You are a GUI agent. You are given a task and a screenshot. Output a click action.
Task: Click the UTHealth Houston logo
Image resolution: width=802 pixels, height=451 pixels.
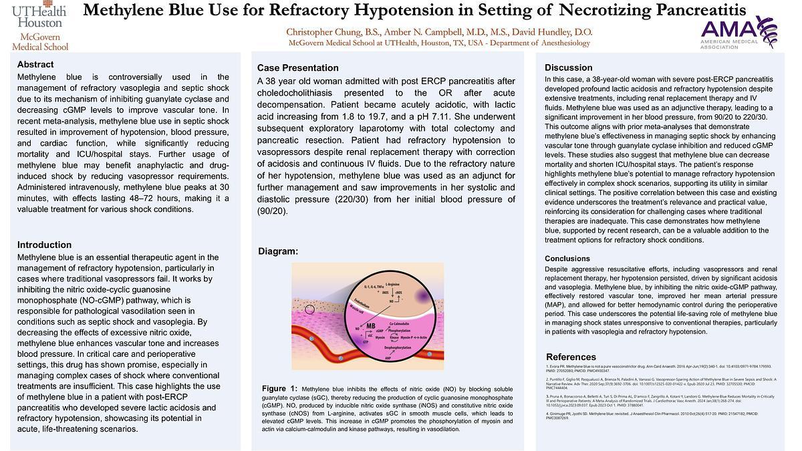point(39,26)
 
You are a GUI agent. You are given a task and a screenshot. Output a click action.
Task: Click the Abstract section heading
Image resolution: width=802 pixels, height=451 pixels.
point(35,65)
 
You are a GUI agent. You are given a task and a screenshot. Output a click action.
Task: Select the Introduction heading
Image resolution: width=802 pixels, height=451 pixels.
point(44,245)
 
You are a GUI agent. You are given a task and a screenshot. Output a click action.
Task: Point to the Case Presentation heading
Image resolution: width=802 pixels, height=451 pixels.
point(297,68)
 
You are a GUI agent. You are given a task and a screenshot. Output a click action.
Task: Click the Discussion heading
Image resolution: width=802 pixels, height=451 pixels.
point(568,67)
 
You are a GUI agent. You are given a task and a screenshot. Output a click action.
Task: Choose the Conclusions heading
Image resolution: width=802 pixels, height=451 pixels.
point(567,259)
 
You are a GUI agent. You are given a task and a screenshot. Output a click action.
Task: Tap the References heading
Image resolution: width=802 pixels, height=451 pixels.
point(571,357)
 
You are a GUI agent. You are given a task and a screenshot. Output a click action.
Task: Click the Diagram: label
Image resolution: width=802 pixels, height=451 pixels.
point(278,251)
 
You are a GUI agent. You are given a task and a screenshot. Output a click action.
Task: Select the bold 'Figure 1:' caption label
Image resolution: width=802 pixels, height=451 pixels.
point(279,389)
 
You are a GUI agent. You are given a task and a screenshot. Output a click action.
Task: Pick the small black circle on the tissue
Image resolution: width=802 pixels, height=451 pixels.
point(309,309)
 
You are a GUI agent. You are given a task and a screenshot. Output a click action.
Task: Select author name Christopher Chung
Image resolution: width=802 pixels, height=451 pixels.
point(325,32)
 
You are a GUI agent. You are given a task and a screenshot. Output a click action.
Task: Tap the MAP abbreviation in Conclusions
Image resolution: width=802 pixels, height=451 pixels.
point(556,305)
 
